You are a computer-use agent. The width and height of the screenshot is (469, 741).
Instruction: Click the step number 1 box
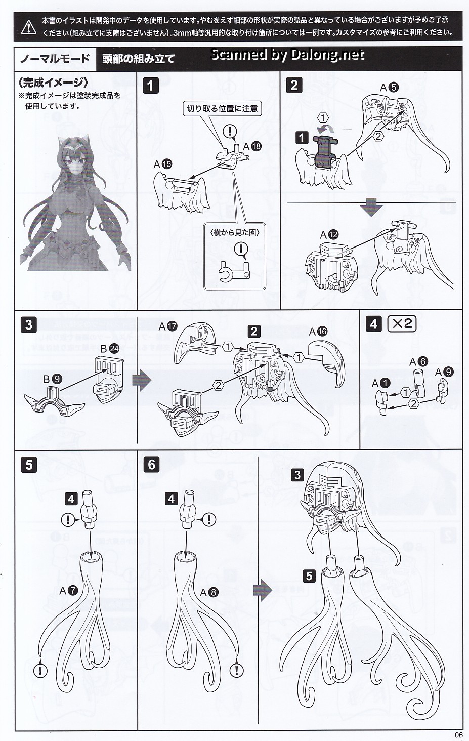coord(150,86)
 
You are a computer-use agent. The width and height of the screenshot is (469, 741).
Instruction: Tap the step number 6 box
coord(151,465)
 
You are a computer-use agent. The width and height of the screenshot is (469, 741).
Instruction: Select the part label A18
coord(252,147)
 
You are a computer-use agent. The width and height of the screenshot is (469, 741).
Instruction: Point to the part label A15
coord(163,164)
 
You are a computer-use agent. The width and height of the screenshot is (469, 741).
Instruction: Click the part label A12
coord(329,235)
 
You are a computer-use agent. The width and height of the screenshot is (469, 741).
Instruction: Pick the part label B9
coord(53,379)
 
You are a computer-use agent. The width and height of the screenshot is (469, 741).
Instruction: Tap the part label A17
coord(168,326)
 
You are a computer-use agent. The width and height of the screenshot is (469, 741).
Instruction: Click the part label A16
coord(318,331)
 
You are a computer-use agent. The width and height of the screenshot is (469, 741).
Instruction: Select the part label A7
coord(68,590)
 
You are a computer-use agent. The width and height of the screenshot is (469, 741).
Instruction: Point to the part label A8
coord(209,592)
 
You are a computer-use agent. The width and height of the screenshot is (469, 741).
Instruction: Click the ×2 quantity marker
coord(402,323)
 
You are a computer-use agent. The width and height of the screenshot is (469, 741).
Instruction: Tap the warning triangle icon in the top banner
coord(29,27)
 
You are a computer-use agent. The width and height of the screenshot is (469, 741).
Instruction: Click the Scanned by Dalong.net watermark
coord(287,54)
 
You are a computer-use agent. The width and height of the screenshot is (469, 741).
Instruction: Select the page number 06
coord(459,735)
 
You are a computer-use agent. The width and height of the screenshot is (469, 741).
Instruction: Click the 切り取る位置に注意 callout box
coord(222,108)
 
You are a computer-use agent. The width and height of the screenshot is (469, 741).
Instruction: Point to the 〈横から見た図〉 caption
coord(235,232)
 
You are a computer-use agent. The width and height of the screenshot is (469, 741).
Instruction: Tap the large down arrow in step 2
coord(371,207)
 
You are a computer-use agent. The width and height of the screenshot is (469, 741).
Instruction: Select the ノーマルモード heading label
coord(55,59)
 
